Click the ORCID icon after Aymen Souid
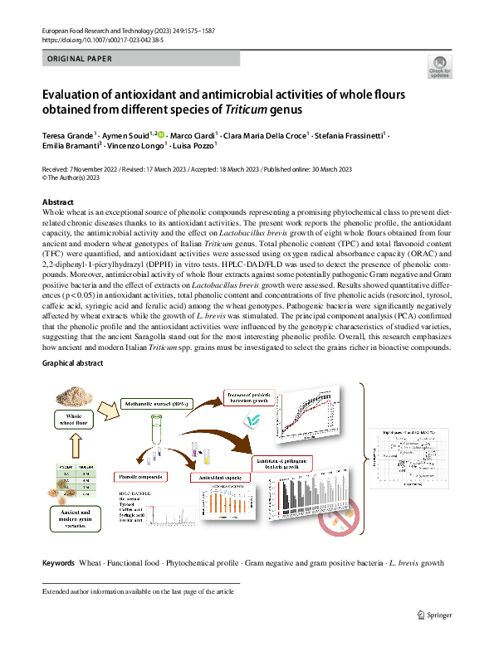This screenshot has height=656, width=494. coord(160,134)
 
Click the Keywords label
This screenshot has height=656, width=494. coord(58,563)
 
